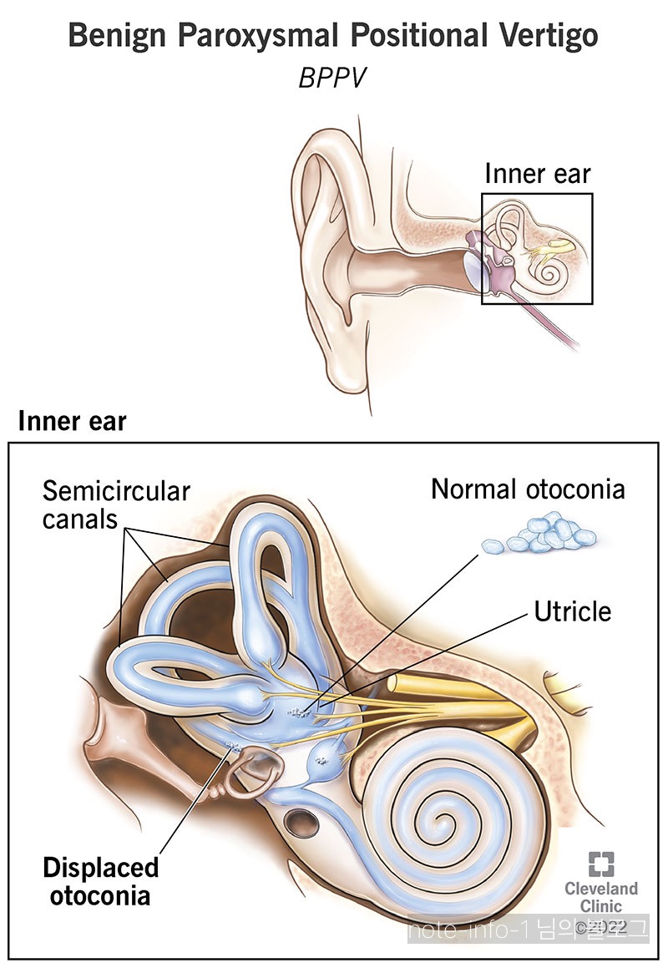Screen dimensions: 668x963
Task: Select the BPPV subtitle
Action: (333, 79)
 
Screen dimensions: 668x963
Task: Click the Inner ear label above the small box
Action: (538, 174)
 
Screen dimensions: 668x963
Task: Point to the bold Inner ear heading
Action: (73, 421)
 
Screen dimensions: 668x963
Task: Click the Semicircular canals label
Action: (116, 504)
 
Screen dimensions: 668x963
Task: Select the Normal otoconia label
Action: (528, 489)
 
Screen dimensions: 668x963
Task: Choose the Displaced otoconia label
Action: (101, 880)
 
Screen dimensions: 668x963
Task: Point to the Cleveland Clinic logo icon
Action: (600, 864)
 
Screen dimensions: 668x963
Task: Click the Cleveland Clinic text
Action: (600, 896)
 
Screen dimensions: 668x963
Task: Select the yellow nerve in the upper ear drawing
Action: (552, 248)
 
